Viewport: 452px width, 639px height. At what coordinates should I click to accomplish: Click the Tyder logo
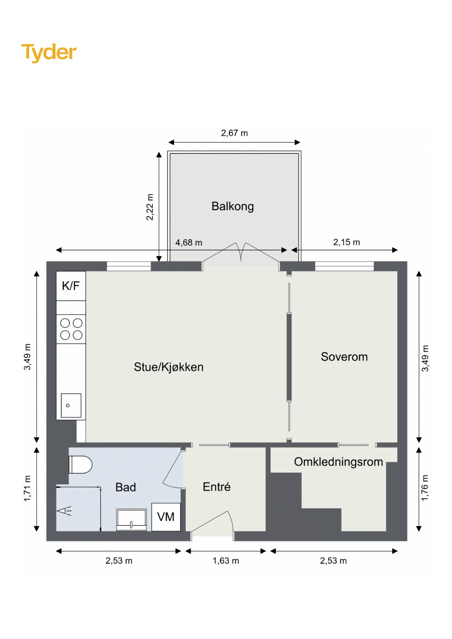[49, 53]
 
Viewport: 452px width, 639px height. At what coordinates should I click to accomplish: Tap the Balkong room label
[232, 207]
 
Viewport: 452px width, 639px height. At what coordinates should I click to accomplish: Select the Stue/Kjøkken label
[168, 367]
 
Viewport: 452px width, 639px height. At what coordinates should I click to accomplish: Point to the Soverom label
[344, 357]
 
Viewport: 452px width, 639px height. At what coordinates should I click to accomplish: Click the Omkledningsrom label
[338, 462]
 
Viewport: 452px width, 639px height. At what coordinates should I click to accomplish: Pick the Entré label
[217, 487]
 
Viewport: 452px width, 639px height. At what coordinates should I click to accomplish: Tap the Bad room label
[125, 487]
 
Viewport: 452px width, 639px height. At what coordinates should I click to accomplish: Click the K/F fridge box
[71, 286]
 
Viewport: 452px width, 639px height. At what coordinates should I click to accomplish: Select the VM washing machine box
[166, 517]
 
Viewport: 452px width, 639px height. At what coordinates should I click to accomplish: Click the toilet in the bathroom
[81, 464]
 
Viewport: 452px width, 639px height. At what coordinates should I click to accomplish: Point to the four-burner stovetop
[71, 329]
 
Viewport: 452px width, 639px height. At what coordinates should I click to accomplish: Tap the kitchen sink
[71, 405]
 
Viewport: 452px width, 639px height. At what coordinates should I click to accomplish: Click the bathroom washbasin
[131, 520]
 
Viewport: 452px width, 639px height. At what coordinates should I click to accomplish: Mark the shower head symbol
[64, 511]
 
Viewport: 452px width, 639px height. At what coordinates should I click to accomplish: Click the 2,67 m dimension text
[235, 133]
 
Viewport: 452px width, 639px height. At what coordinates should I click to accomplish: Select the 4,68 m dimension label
[189, 243]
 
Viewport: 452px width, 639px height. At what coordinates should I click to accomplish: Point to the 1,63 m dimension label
[226, 561]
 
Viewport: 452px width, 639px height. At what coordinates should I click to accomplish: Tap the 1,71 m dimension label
[27, 488]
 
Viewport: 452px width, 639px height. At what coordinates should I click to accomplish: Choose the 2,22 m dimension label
[150, 207]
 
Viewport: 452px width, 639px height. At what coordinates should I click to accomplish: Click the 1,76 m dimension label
[425, 487]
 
